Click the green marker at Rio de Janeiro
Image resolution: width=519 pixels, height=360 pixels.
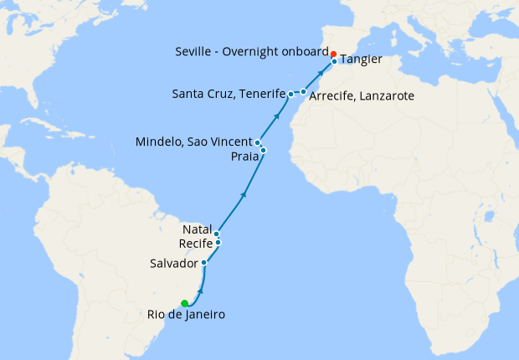[x=184, y=303]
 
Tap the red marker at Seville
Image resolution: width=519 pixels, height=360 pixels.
[x=333, y=54]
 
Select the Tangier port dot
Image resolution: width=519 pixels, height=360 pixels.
[x=334, y=61]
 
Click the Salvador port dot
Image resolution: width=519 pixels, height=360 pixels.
[x=204, y=263]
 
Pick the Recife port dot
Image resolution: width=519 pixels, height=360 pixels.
[x=218, y=243]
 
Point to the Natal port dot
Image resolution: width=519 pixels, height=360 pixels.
[x=216, y=234]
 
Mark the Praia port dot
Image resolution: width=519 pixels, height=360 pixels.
[x=263, y=150]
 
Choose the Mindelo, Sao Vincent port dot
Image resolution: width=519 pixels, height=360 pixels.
[x=258, y=142]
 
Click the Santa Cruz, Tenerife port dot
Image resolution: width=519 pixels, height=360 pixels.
[x=290, y=94]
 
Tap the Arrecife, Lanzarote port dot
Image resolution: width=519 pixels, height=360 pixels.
[x=303, y=91]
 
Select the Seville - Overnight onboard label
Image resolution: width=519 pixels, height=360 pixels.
[x=252, y=51]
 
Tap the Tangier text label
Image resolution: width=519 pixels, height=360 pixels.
[x=362, y=59]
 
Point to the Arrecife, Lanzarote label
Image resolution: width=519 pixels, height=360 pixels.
[x=362, y=96]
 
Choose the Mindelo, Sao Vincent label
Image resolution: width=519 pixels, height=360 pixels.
[x=194, y=142]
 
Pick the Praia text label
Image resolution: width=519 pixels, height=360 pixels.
[x=244, y=155]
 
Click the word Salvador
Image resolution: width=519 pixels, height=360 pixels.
[x=174, y=263]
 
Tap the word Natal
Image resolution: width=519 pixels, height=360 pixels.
[x=197, y=229]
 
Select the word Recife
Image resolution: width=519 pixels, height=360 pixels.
[x=196, y=243]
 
